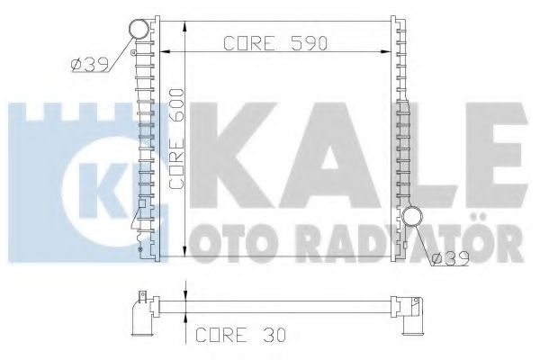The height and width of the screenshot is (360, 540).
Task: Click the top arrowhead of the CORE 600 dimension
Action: [x=184, y=22]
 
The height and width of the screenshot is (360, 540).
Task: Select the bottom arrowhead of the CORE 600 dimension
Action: [x=184, y=254]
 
